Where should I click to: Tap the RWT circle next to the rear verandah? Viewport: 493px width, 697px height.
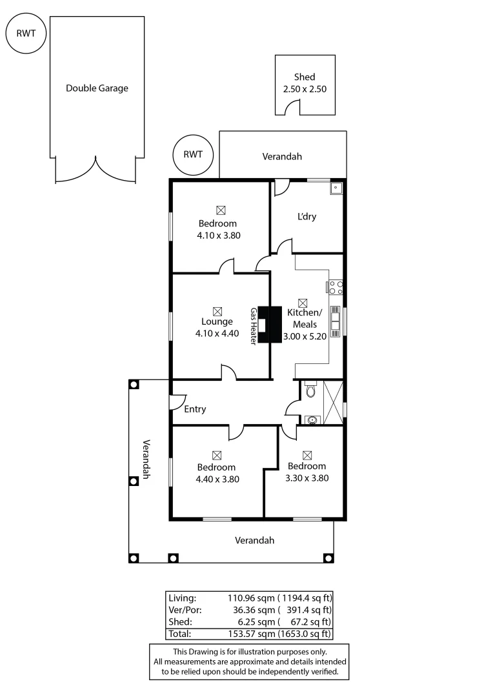click(x=193, y=155)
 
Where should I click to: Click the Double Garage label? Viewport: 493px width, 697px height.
click(x=97, y=88)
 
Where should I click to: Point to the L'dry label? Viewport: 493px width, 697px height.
click(x=307, y=217)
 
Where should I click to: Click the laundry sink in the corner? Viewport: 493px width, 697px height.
click(x=336, y=188)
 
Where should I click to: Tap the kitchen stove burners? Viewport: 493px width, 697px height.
click(x=336, y=287)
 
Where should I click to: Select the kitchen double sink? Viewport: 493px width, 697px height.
click(x=336, y=321)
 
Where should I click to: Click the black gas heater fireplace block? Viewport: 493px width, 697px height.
click(x=270, y=325)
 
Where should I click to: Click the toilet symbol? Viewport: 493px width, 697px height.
click(x=310, y=390)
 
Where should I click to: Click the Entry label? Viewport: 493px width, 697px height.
click(x=195, y=409)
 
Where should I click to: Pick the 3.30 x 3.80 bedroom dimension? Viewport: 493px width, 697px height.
click(x=307, y=478)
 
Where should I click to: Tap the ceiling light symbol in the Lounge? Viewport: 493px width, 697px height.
click(x=217, y=310)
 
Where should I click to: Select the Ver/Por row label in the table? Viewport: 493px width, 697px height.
click(x=181, y=609)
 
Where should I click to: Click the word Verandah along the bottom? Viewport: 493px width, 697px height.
click(x=255, y=540)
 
